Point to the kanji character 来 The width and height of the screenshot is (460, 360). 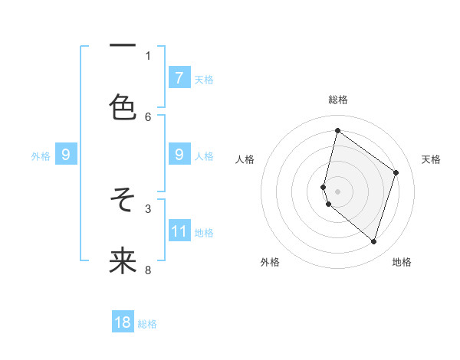(123, 260)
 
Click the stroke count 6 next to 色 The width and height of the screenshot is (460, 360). (148, 116)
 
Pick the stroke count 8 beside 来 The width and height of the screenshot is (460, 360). (148, 270)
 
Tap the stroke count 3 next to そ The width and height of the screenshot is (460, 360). (148, 208)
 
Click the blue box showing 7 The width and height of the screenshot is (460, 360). (179, 78)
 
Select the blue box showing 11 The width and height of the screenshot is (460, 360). (179, 231)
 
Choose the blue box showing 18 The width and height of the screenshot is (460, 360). (123, 323)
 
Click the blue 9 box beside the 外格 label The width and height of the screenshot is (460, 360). (66, 155)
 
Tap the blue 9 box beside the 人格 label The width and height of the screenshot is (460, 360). (179, 155)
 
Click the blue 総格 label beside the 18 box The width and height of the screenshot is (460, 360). (147, 324)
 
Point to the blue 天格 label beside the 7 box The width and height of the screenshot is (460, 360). (204, 79)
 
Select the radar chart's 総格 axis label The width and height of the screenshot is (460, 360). (338, 100)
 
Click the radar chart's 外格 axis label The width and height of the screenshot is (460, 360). (270, 262)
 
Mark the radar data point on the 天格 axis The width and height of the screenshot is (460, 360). (396, 172)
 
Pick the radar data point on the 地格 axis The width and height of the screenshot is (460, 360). (373, 242)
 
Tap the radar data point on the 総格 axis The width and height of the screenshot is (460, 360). (337, 130)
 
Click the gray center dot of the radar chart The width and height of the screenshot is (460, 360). (337, 191)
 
